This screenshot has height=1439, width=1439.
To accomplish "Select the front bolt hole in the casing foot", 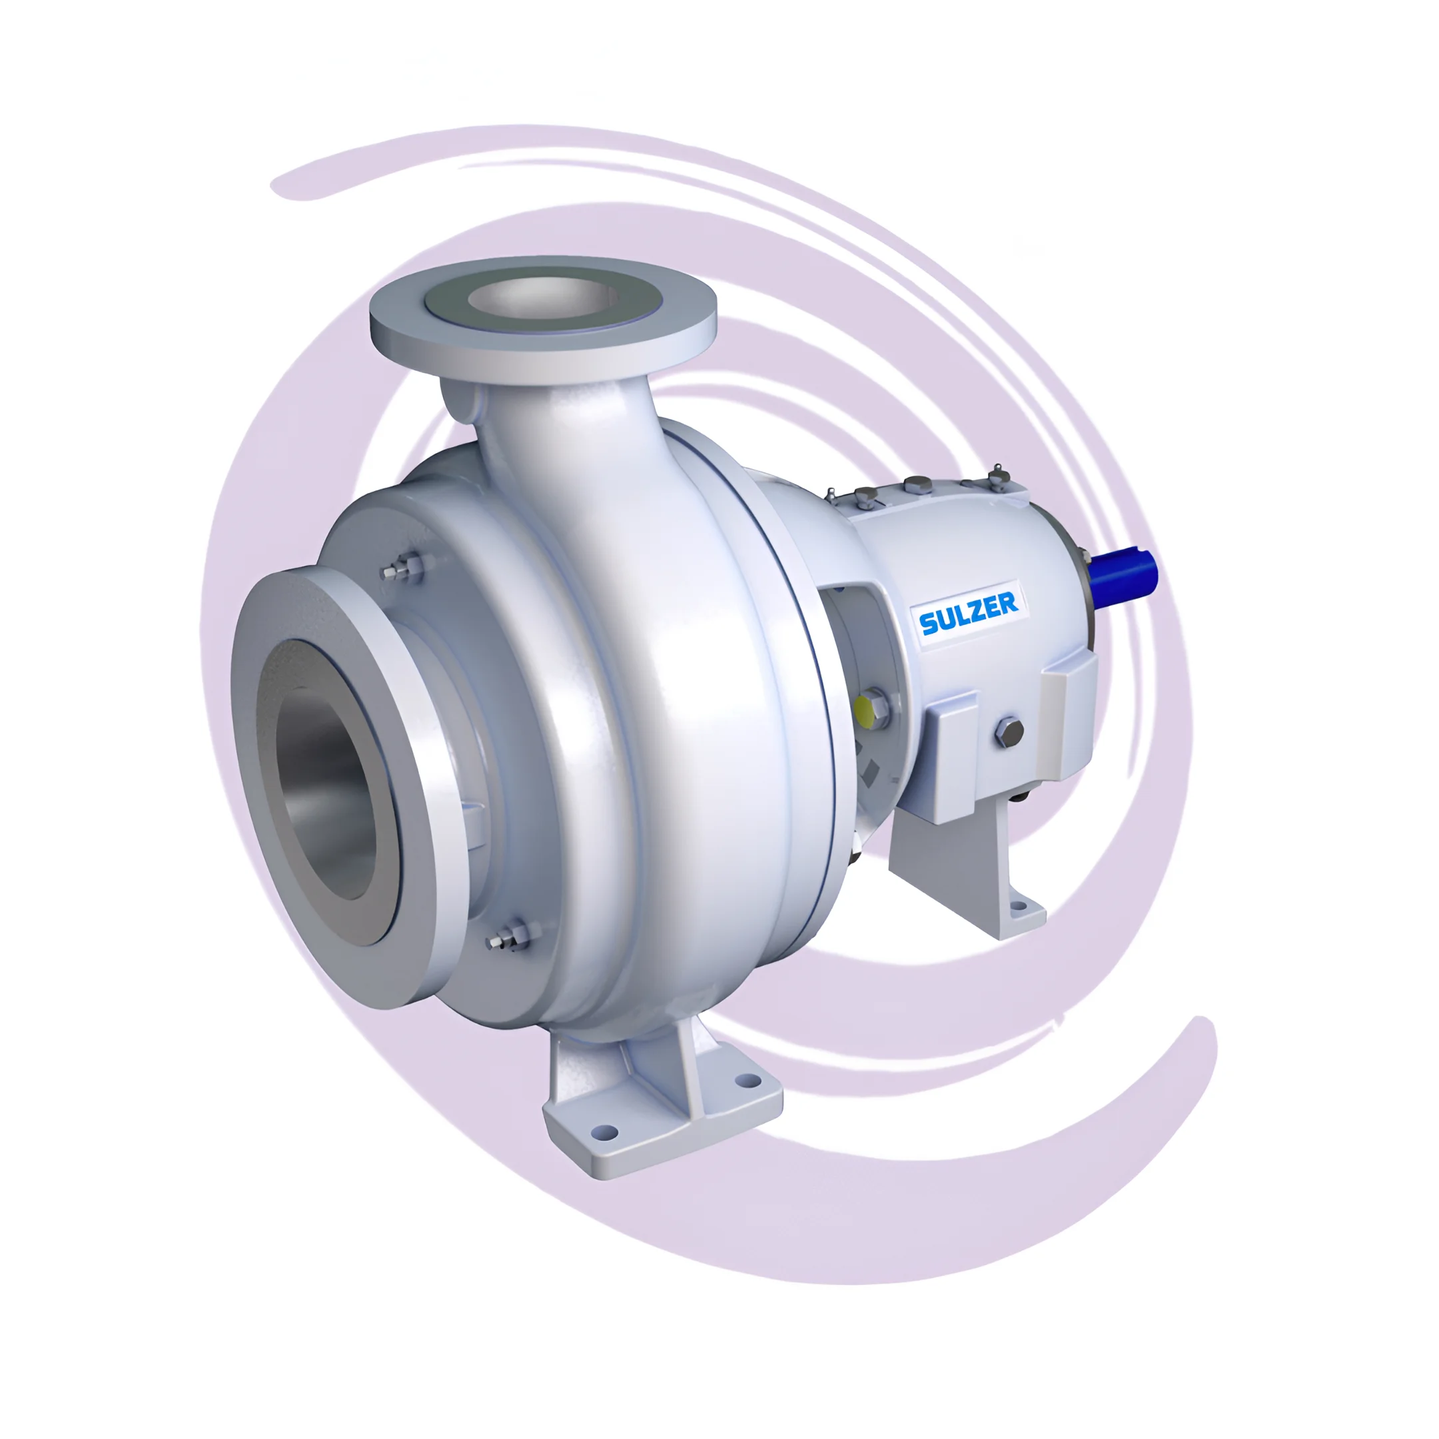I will [608, 1133].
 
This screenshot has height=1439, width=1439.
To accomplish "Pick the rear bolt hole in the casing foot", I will [743, 1079].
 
